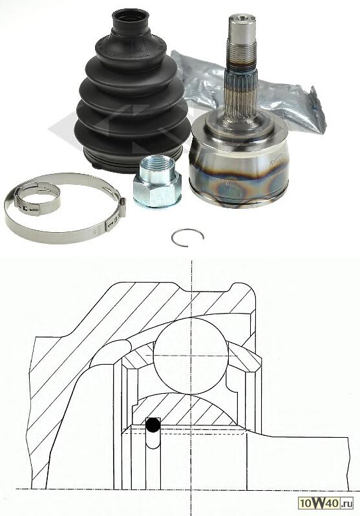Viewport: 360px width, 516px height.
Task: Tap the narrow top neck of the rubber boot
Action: (130, 21)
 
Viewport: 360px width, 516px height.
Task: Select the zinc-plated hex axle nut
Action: (157, 181)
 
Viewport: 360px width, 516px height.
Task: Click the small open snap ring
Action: (187, 237)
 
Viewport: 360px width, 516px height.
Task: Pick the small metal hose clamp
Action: (37, 199)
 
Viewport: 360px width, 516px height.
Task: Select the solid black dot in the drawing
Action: (153, 425)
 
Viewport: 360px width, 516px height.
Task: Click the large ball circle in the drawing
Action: (191, 356)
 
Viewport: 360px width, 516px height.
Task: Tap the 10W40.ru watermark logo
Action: (326, 503)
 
